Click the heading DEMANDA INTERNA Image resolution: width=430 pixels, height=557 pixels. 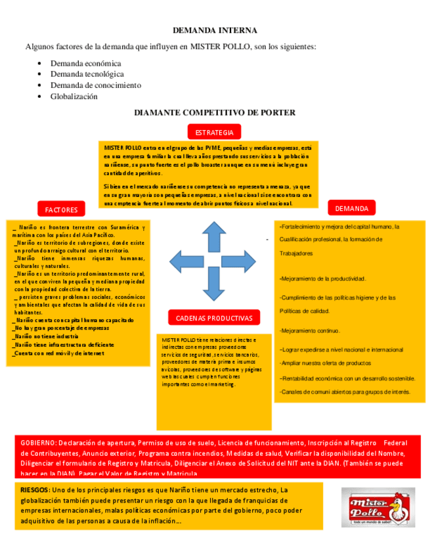coord(215,30)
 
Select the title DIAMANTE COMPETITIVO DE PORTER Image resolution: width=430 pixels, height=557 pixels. coord(215,113)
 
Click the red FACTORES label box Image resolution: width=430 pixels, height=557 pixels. coord(61,210)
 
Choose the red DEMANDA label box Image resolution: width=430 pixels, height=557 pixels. coord(351,208)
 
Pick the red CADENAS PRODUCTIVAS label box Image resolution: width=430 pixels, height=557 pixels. coord(214,318)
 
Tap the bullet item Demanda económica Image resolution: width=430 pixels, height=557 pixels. coord(85,64)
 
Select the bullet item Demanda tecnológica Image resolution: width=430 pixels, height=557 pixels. coord(87,74)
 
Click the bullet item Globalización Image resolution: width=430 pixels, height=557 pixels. coord(74,97)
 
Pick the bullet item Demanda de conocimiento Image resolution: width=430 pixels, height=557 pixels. coord(95,85)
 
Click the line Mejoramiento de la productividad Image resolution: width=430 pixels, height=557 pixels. coord(323,278)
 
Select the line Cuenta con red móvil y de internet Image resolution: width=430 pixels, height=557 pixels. coord(59,353)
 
